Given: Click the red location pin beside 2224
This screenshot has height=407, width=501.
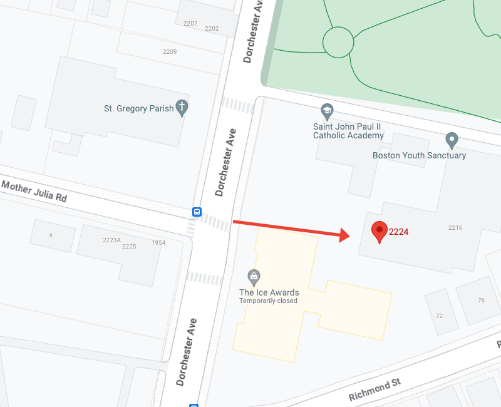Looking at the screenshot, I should (379, 231).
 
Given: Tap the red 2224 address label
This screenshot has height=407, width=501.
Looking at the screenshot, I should (399, 232).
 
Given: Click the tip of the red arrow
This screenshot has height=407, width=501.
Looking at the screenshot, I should (348, 236).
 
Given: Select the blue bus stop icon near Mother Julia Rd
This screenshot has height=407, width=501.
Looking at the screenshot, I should (197, 212).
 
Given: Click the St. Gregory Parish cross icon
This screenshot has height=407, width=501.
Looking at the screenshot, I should (182, 108).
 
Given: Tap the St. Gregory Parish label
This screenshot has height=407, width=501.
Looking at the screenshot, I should (138, 108).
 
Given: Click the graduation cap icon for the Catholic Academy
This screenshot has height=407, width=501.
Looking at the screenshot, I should (326, 111).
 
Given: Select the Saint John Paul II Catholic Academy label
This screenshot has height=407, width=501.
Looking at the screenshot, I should (348, 131).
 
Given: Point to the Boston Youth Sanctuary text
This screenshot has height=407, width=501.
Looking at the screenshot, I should (419, 155).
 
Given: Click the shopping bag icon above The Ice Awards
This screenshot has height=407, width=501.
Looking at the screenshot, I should (254, 276).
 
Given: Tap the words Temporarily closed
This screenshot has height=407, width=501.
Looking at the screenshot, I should (268, 301).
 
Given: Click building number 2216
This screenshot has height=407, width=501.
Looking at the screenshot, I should (455, 227).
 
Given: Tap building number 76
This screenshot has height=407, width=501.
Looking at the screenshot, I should (481, 301).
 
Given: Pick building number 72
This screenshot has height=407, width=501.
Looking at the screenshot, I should (439, 315).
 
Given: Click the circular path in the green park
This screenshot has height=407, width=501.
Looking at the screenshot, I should (338, 42).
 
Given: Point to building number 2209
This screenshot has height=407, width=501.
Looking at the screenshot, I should (170, 51).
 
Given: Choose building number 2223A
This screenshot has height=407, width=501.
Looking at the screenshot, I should (111, 240).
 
